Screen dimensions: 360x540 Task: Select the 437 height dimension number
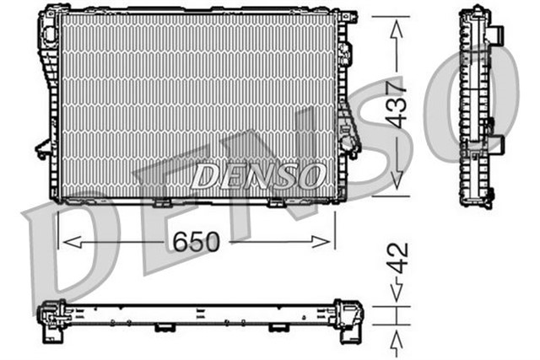[x=397, y=103]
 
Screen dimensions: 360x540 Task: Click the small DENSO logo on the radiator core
[x=257, y=175]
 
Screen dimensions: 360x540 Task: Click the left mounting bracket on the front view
[x=42, y=150]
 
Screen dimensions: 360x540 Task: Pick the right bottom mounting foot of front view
[x=278, y=203]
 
